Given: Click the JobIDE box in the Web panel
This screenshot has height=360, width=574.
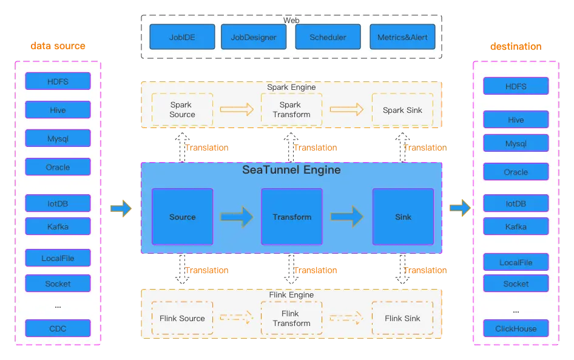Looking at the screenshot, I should click(x=182, y=37).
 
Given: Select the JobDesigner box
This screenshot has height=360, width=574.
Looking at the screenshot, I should click(x=254, y=37).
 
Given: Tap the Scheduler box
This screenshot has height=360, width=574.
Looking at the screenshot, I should click(x=328, y=37).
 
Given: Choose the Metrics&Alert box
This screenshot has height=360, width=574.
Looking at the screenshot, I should click(x=402, y=37).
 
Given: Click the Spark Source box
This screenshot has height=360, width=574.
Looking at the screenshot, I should click(x=182, y=110).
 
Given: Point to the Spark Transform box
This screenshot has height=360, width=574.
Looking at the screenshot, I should click(x=291, y=110).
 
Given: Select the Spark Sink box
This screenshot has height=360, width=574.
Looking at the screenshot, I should click(x=402, y=110).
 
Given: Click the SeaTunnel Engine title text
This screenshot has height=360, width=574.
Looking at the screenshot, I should click(x=291, y=170).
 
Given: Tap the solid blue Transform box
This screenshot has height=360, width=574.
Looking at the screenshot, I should click(x=291, y=217).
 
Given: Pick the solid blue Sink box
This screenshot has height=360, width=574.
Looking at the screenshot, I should click(x=403, y=217).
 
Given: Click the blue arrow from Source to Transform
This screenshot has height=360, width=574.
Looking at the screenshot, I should click(x=237, y=216).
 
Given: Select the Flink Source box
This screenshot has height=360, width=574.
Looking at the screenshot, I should click(x=182, y=318).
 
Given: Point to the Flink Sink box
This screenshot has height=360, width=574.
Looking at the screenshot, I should click(x=402, y=318).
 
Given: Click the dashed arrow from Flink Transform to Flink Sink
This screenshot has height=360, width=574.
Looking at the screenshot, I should click(x=346, y=318).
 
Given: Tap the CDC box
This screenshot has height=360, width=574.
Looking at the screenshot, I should click(x=58, y=328).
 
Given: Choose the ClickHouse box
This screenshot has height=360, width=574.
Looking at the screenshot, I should click(x=516, y=328).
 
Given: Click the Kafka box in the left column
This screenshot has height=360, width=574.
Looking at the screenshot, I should click(x=58, y=226).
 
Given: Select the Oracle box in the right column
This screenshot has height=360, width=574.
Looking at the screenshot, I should click(x=516, y=172).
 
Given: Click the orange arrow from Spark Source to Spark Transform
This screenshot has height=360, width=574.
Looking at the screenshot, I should click(x=237, y=110).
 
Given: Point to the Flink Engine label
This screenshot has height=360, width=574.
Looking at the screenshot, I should click(x=291, y=295).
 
